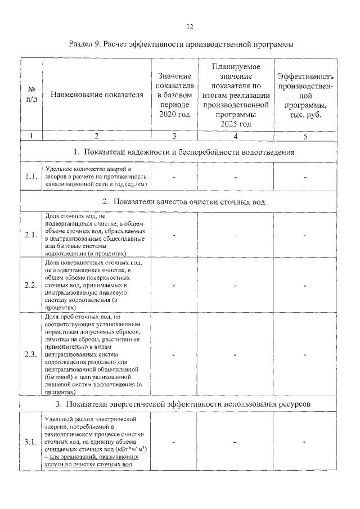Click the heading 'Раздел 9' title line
point(181,44)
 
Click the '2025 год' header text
point(236,124)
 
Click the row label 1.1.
point(31,177)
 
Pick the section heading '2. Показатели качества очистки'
point(184,201)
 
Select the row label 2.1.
point(31,235)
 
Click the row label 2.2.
point(31,285)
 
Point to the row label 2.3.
point(31,354)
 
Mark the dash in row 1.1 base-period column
point(174,177)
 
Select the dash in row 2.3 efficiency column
point(305,355)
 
